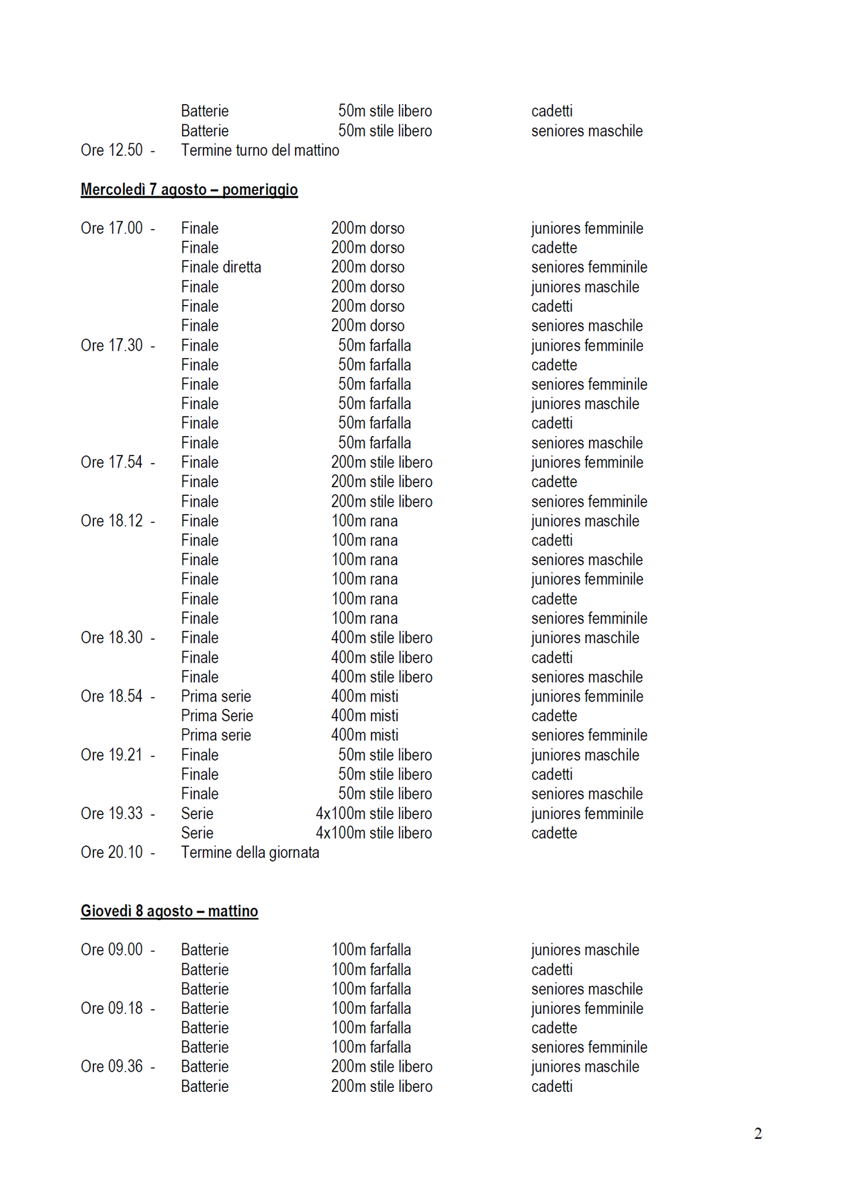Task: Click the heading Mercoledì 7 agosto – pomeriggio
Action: point(189,189)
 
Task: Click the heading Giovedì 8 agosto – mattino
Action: point(169,911)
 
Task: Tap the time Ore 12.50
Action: point(112,151)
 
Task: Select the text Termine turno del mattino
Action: point(260,151)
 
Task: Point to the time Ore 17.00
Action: point(112,228)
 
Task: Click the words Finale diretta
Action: point(221,267)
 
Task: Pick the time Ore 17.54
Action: point(112,462)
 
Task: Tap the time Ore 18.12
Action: point(112,521)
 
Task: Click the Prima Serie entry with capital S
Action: point(217,716)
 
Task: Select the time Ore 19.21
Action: point(112,755)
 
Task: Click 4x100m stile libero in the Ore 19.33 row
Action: point(374,814)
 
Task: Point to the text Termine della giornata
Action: point(250,853)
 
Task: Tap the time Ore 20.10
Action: point(112,853)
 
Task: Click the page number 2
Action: point(758,1134)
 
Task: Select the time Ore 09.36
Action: point(112,1067)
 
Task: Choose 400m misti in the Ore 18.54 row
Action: point(365,697)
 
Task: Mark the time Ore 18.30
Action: point(112,638)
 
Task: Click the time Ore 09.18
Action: point(112,1009)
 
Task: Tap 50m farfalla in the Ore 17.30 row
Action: point(374,345)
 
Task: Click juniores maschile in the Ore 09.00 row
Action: point(585,950)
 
